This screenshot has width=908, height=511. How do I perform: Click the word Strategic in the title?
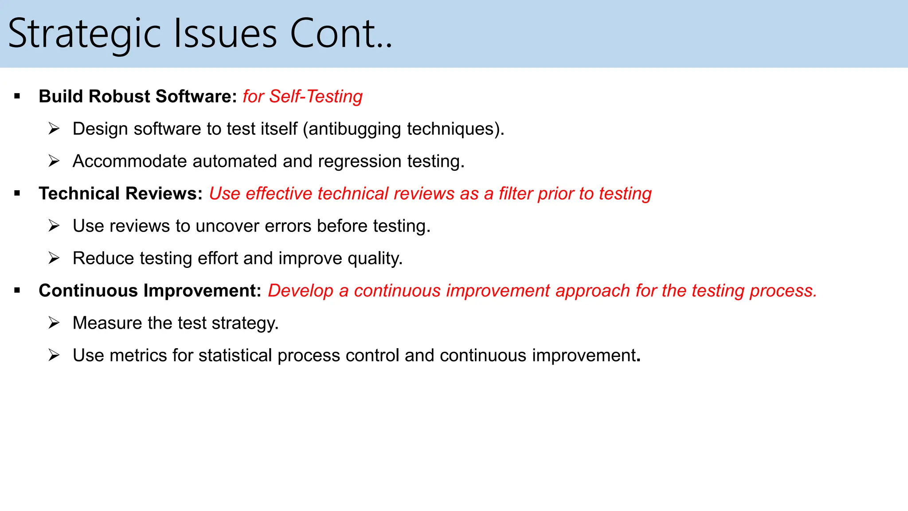pos(84,35)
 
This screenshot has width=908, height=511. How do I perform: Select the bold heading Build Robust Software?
pos(138,96)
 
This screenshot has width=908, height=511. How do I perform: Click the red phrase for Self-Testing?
pos(302,96)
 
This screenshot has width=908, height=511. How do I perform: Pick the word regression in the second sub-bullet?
pos(360,161)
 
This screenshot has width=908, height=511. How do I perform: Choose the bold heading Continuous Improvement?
pos(150,291)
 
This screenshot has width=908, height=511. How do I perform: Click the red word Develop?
pos(300,291)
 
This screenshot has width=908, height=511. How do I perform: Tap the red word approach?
pos(592,291)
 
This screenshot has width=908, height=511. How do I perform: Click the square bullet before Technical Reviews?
pos(17,193)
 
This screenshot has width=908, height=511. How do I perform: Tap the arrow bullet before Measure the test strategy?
pos(54,323)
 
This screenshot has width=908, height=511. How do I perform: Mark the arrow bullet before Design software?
pos(54,129)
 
